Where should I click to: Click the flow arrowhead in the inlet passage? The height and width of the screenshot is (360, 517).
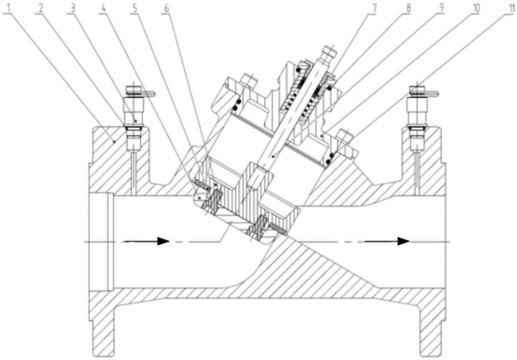pos(163,241)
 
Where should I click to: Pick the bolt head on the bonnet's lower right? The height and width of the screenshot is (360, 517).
pos(345,138)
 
